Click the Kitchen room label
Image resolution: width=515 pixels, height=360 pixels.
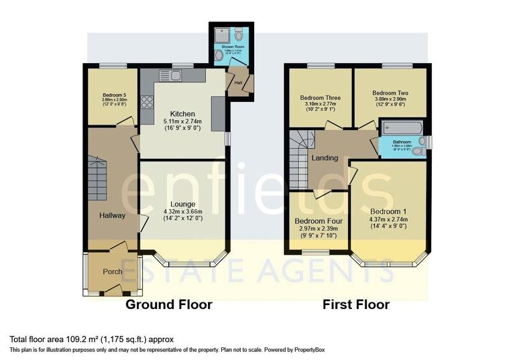click(x=182, y=113)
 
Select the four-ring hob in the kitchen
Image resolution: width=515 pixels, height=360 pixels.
click(x=147, y=103)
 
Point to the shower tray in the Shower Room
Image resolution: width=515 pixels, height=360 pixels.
click(x=222, y=36)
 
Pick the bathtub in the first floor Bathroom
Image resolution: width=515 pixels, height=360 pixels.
click(x=401, y=128)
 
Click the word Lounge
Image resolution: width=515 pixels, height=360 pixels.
click(x=182, y=204)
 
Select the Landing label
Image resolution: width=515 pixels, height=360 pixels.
click(x=324, y=158)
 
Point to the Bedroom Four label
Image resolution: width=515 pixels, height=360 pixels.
click(x=319, y=221)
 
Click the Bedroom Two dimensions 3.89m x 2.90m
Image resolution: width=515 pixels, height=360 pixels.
click(x=390, y=101)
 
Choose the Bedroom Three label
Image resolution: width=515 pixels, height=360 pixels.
click(x=319, y=97)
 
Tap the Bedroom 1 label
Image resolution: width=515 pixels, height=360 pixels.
click(x=388, y=211)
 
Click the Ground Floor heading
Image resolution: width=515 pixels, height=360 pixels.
click(x=169, y=304)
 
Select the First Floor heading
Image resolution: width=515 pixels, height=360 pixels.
click(x=355, y=304)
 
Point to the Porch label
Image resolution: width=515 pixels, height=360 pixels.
click(x=111, y=272)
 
